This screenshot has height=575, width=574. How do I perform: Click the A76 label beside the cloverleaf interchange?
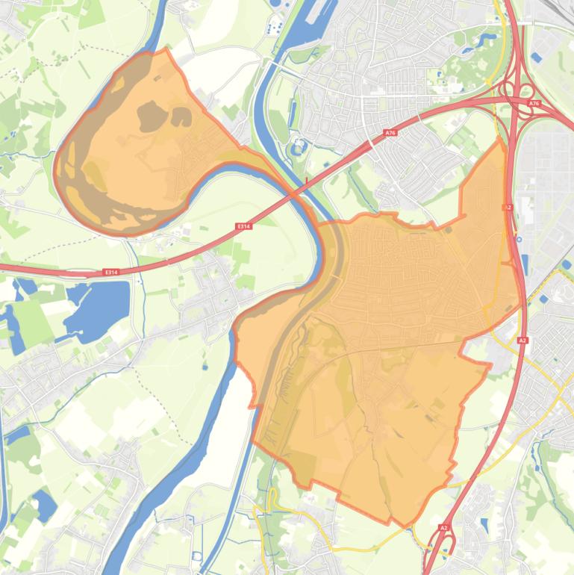pos(533,104)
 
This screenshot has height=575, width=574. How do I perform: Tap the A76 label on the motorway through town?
pos(390,132)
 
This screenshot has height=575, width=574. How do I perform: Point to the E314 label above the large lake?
pos(111,272)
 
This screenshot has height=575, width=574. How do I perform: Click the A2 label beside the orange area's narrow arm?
pos(508,208)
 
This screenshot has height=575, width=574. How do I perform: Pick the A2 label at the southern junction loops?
pos(443,528)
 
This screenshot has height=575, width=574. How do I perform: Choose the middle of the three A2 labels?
pos(522,341)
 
